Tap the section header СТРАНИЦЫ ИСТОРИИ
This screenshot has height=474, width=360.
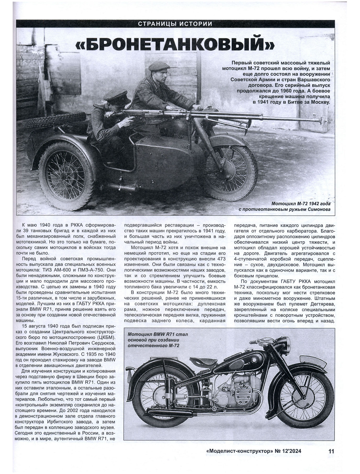tap(175, 24)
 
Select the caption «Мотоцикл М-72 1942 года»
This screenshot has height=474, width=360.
tap(301, 204)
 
